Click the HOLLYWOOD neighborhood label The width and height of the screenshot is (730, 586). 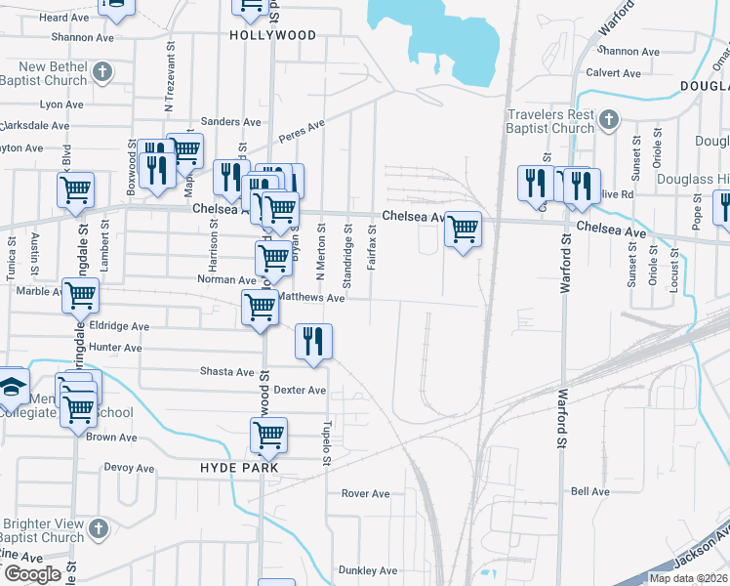pos(273,35)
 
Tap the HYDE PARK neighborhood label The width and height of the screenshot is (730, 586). pos(239,468)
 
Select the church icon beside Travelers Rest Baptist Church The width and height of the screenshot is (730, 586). pos(608,119)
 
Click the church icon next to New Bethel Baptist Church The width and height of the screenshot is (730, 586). pos(102,72)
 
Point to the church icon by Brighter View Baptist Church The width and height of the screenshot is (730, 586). pos(97,528)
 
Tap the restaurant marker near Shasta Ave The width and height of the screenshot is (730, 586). pos(313,342)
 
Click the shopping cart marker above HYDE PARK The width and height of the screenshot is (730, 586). pos(268,435)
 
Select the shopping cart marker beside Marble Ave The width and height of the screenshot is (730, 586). pos(81,295)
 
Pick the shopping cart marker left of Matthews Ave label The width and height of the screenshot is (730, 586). pos(260,307)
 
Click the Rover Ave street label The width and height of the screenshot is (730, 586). pos(366,493)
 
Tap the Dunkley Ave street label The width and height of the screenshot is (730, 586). pos(367,570)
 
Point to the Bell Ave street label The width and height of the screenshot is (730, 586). pos(590,491)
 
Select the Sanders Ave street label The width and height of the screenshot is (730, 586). pos(231,122)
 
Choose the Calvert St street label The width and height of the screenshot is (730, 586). pos(613,72)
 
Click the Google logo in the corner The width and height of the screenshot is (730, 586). pos(32,574)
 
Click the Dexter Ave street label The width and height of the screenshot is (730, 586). pos(300,391)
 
